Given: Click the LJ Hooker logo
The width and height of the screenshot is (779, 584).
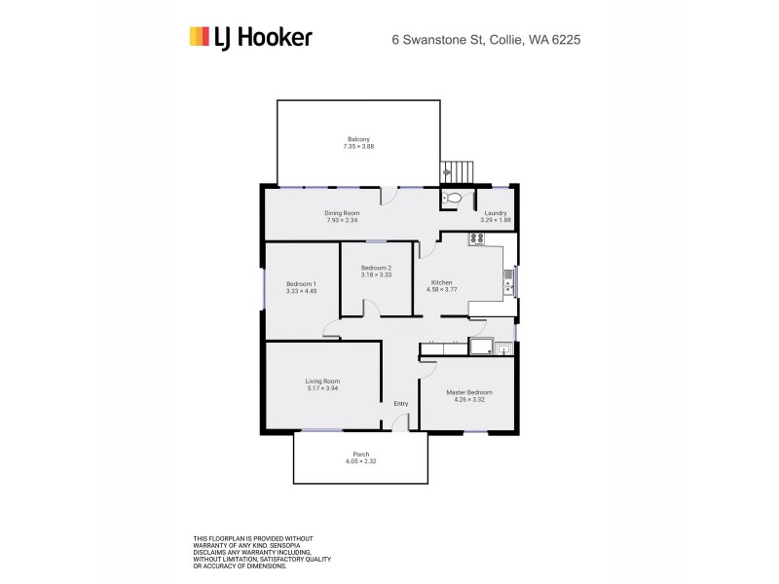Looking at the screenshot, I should tap(250, 38).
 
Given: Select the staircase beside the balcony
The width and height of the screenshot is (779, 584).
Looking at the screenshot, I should tap(458, 171).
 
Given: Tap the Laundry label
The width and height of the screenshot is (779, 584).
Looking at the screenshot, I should tap(495, 213).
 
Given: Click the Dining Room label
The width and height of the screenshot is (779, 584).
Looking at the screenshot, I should tap(343, 213).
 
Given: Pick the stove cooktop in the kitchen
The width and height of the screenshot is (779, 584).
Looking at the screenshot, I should tap(476, 240).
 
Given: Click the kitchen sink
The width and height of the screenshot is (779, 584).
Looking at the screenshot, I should tap(507, 283).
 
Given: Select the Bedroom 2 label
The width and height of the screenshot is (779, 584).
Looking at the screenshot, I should tap(376, 268).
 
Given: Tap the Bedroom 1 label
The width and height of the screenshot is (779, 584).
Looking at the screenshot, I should tap(301, 283).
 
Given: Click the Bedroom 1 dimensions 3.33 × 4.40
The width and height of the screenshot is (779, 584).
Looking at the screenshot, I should tap(301, 291).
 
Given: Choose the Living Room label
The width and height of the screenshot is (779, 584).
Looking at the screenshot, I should tap(322, 381).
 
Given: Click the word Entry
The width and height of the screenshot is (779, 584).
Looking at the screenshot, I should tap(400, 404).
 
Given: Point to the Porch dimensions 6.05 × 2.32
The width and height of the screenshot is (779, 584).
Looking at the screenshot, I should tap(360, 460).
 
